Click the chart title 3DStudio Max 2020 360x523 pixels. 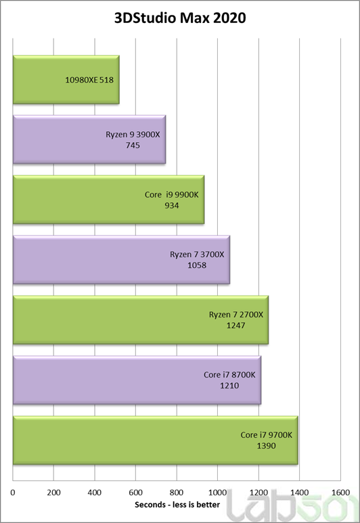pos(179,18)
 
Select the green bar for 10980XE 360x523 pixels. pos(66,80)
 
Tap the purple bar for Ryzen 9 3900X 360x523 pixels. pos(89,139)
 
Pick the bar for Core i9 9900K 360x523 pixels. pos(108,200)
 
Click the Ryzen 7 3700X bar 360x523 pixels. pos(121,260)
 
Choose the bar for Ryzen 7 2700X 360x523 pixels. pos(140,320)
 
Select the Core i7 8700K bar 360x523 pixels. pos(137,380)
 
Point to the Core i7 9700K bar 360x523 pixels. pos(155,440)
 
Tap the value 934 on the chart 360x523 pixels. pos(172,206)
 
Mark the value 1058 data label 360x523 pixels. pos(197,266)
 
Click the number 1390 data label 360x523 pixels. pos(267,447)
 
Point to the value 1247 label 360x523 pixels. pos(236,325)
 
